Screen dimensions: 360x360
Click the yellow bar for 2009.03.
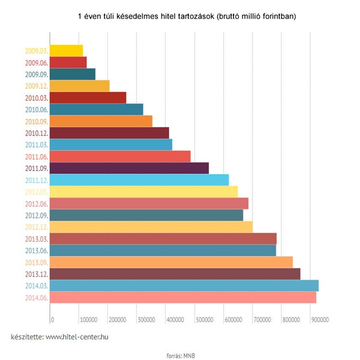(x=66, y=50)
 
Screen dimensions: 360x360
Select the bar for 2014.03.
(x=184, y=286)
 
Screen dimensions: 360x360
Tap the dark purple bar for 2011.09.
(x=129, y=168)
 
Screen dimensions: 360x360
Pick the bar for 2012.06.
(x=149, y=203)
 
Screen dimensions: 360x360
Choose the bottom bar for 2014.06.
(x=182, y=298)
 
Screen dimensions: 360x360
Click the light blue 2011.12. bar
(x=139, y=180)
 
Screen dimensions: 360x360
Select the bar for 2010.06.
(x=96, y=109)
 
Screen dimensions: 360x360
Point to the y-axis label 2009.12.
(x=36, y=86)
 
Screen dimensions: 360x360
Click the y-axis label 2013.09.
(x=36, y=262)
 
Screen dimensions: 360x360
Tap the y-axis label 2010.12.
(x=36, y=133)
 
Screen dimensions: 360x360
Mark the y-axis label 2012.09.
(x=36, y=215)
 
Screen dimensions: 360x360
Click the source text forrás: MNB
(x=180, y=355)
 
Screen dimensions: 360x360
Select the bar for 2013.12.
(x=175, y=274)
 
